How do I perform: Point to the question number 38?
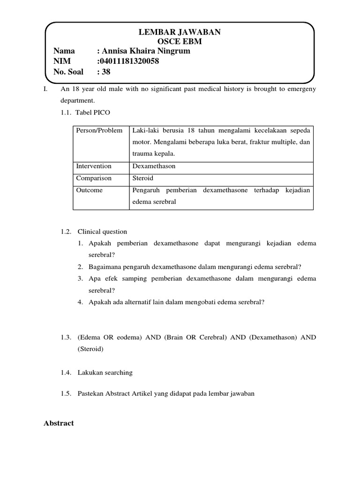(106, 72)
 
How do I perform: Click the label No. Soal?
(68, 72)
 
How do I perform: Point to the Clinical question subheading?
(102, 232)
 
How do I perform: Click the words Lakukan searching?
(105, 373)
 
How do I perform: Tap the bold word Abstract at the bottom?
(59, 423)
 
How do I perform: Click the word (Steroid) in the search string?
(90, 349)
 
